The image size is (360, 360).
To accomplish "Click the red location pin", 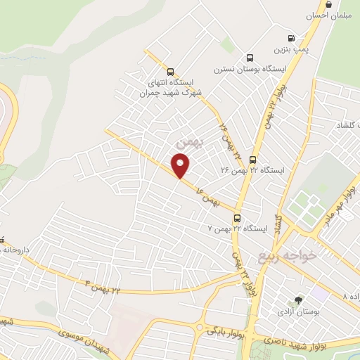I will pos(181,166).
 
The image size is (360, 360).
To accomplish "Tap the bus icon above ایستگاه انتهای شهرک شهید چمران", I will pos(170,71).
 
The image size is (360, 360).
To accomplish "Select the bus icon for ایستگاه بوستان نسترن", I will pos(250,58).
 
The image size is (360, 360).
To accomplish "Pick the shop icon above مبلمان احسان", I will pos(328,4).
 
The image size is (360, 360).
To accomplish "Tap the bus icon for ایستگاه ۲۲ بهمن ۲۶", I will pos(252,160).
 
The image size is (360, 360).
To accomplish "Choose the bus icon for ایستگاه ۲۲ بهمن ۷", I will pos(238,218).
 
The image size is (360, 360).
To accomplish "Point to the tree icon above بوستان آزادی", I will pos(298,300).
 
